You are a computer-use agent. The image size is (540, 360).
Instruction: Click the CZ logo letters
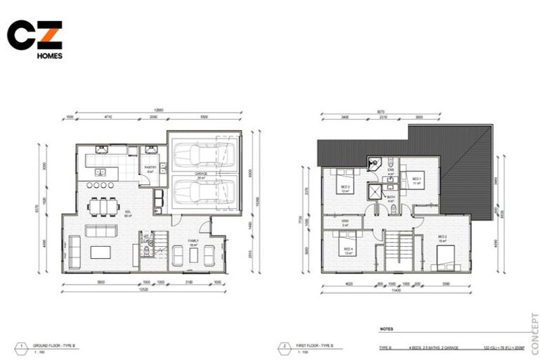[34, 35]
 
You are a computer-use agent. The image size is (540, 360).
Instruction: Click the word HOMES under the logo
[49, 56]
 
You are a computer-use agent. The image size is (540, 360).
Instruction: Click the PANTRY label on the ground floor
[150, 167]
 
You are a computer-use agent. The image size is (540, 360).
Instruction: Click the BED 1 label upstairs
[416, 179]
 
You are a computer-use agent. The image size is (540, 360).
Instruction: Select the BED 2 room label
[442, 237]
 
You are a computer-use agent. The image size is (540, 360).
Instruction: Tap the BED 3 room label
[346, 188]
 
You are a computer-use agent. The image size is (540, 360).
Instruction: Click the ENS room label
[391, 171]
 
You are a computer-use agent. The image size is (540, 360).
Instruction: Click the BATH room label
[391, 199]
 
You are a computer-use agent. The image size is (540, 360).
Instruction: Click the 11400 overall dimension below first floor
[396, 290]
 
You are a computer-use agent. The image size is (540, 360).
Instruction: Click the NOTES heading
[386, 328]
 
